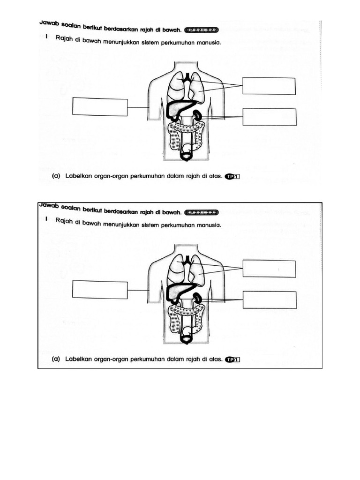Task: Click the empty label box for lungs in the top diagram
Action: point(269,86)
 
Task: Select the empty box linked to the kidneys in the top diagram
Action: point(269,117)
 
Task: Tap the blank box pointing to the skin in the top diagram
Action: point(100,106)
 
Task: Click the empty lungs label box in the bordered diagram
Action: point(269,269)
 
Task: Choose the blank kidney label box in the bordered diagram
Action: point(269,300)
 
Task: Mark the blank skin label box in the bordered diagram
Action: point(100,289)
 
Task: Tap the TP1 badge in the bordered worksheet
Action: point(232,360)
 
